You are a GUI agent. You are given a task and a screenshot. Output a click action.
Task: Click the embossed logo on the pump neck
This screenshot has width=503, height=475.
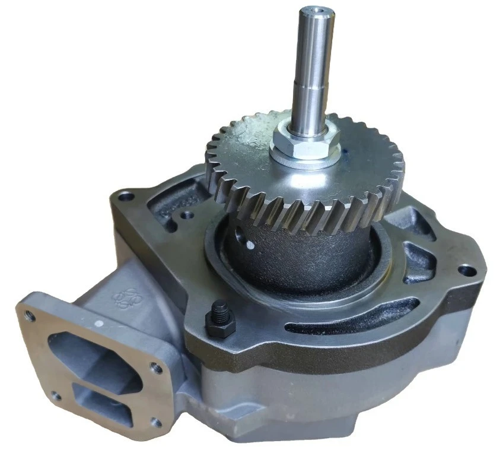(123, 297)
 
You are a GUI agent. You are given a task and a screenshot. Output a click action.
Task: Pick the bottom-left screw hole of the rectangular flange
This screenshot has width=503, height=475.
(55, 394)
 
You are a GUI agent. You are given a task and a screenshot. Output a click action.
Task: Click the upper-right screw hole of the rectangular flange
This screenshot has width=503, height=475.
(157, 369)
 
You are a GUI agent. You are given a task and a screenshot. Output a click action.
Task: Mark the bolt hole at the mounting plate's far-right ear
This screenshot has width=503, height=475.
(467, 271)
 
